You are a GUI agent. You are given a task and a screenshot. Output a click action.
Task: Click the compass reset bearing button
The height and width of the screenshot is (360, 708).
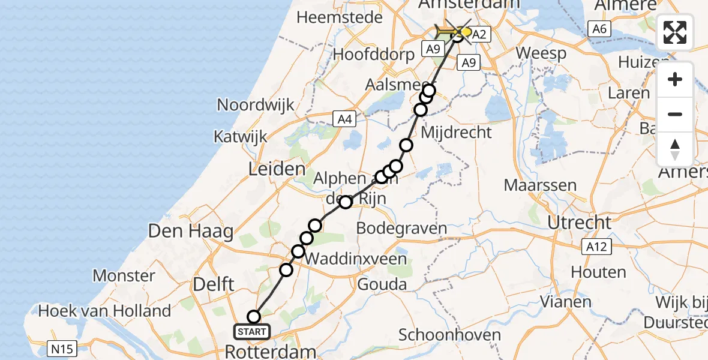tap(675, 149)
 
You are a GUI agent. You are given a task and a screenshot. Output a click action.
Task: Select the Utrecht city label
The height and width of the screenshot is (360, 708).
tap(579, 223)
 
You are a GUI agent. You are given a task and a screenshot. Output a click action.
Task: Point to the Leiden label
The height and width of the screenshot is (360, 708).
tap(277, 169)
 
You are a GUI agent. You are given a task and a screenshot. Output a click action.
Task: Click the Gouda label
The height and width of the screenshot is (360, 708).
tap(382, 284)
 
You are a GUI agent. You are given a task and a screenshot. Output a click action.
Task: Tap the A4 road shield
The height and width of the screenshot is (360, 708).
tap(344, 119)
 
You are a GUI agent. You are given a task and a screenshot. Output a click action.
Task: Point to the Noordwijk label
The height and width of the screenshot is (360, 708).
tap(256, 105)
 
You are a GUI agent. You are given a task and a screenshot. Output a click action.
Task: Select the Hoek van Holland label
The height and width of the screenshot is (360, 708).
tap(104, 311)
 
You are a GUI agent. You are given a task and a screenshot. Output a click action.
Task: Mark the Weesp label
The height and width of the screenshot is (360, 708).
tap(541, 53)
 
